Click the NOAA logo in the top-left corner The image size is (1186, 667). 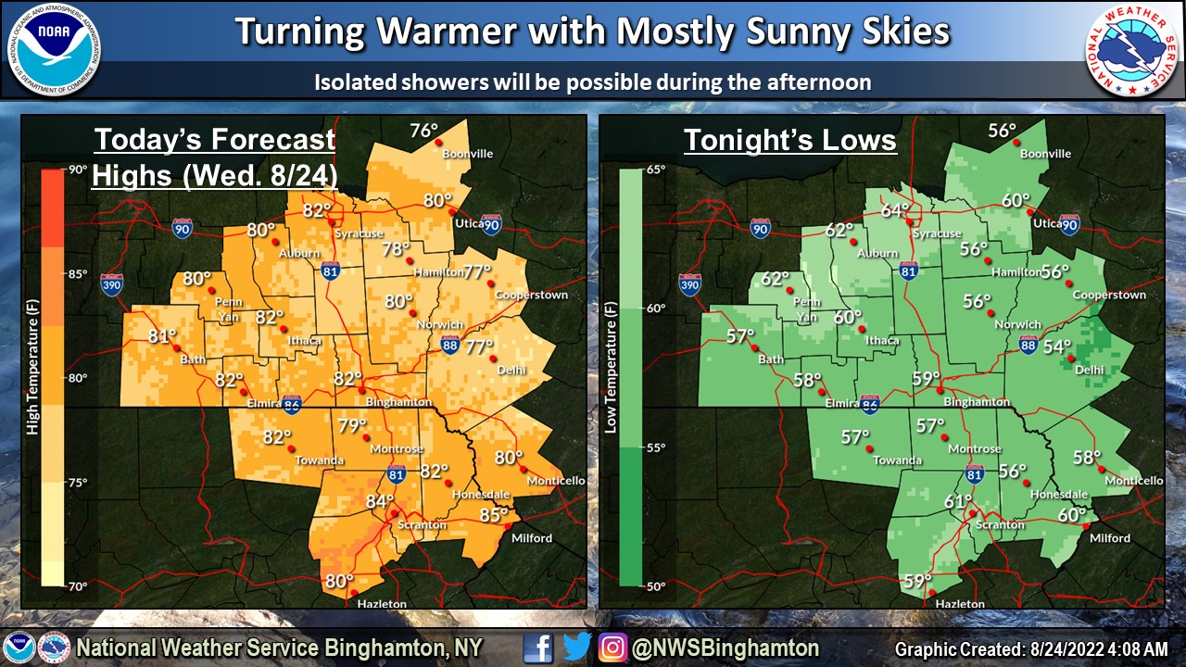[55, 50]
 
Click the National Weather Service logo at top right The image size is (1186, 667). [1132, 50]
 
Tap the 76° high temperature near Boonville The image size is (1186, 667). [423, 132]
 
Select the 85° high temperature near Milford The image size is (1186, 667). [493, 515]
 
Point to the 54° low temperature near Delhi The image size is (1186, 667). [1055, 347]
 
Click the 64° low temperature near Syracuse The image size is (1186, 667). [894, 210]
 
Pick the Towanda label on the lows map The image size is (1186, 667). [897, 460]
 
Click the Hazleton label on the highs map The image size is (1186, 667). [382, 604]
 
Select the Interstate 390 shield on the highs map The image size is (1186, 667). [111, 283]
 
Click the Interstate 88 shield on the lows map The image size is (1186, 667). [1028, 345]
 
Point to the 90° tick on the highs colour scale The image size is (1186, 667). [76, 170]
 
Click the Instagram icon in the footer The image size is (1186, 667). [612, 647]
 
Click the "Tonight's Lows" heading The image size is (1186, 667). [789, 140]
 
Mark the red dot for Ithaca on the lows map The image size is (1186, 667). [862, 329]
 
